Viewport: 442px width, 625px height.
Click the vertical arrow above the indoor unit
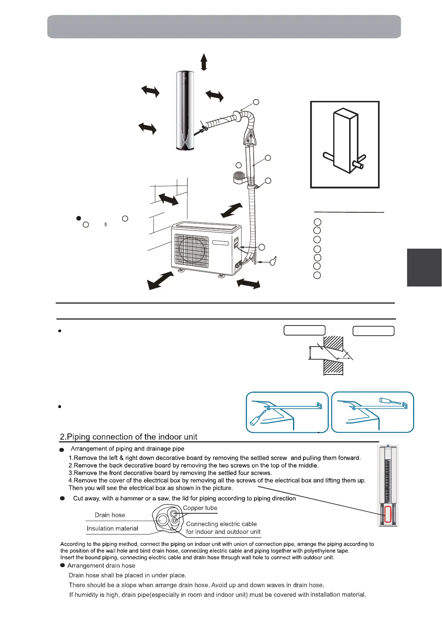pos(204,62)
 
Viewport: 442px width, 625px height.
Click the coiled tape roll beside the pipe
pos(239,176)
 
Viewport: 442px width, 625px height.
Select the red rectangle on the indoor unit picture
pos(388,514)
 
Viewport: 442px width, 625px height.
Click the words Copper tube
pos(200,508)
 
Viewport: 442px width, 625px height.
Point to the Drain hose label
pos(110,515)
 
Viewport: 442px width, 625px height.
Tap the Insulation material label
pos(112,529)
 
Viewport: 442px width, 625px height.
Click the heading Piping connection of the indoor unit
pos(129,437)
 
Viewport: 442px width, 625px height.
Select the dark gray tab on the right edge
pos(424,267)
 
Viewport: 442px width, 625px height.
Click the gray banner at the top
pos(224,27)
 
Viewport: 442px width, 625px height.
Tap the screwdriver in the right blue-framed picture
pos(390,401)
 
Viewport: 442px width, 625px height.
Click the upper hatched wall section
pos(333,344)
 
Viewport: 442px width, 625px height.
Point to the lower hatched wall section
pos(333,368)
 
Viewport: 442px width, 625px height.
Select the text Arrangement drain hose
pos(101,566)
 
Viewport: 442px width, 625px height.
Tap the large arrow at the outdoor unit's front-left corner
pos(160,281)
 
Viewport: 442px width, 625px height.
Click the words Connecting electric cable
pos(221,524)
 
